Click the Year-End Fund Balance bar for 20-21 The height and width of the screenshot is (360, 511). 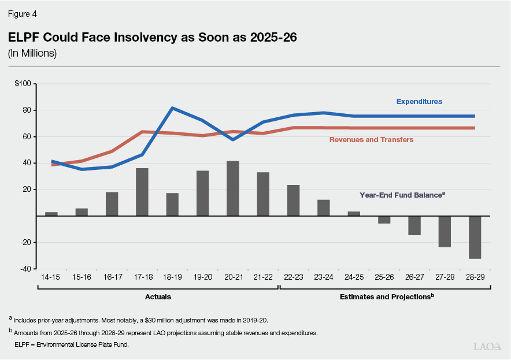(x=233, y=188)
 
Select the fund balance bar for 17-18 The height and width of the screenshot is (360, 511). (x=142, y=192)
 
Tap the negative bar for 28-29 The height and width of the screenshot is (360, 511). (x=475, y=237)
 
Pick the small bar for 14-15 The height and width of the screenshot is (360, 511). (x=51, y=214)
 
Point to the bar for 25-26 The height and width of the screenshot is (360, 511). (x=384, y=220)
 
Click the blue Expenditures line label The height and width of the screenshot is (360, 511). (x=419, y=102)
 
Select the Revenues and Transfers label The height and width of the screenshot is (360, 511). (x=371, y=140)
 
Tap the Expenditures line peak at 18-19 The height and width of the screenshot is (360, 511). (x=172, y=108)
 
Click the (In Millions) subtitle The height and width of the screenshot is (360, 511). (x=32, y=54)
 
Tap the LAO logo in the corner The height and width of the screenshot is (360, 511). (x=486, y=347)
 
